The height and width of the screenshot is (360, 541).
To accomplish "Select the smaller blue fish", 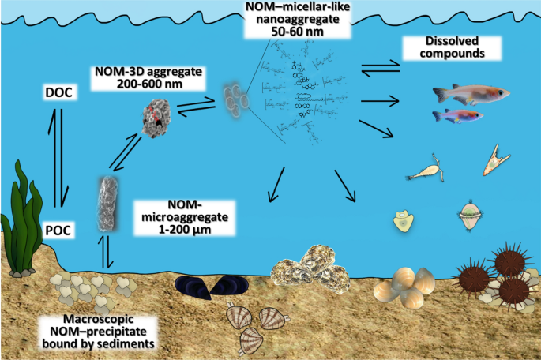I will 456,117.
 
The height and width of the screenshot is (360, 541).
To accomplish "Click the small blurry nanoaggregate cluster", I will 235,98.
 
